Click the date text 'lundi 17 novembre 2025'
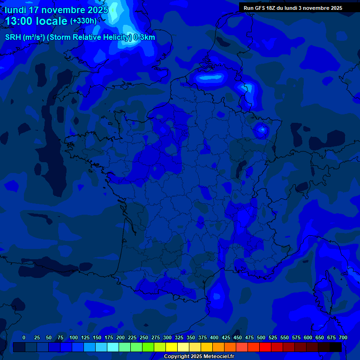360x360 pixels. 56,10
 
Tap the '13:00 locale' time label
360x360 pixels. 36,21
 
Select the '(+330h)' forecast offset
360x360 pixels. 83,21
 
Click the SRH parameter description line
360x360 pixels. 80,37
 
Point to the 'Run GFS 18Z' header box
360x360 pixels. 293,8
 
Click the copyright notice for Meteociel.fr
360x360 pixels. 199,357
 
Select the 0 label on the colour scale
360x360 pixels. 24,337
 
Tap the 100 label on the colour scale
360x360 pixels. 74,337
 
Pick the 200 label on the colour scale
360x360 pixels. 120,337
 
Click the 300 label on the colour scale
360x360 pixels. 167,337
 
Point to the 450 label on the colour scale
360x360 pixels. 238,337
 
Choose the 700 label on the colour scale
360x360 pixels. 343,337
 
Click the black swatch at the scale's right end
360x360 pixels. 336,347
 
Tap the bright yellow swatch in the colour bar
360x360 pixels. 172,347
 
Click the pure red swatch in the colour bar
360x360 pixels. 265,347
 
